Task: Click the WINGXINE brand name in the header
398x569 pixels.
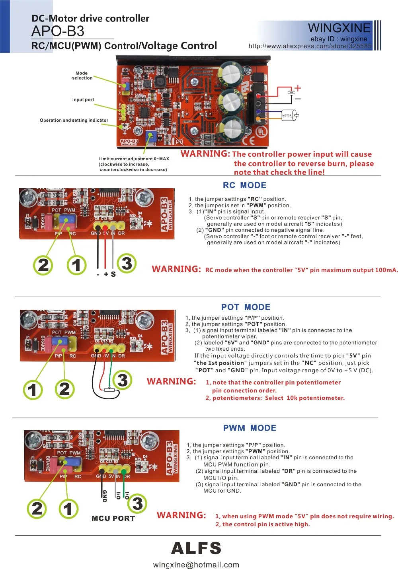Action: coord(339,28)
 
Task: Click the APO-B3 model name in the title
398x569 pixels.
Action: coord(58,31)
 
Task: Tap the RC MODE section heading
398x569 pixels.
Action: coord(244,185)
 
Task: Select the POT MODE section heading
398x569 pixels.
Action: coord(246,307)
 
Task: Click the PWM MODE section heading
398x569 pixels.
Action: coord(250,428)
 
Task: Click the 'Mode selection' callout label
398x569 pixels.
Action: coord(82,76)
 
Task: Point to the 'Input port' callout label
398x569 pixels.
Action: coord(83,100)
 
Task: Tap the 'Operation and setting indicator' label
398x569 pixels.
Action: coord(74,120)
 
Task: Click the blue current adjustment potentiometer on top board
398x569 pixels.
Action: coord(150,136)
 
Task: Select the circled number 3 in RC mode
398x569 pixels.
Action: coord(127,263)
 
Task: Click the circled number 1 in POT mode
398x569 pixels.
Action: coord(33,390)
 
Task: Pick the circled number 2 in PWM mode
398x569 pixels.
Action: coord(37,509)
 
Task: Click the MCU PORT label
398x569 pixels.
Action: coord(113,519)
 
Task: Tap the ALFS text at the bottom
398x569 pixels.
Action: coord(196,548)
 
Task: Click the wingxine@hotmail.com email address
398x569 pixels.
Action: coord(196,565)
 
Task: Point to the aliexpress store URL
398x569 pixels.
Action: coord(310,46)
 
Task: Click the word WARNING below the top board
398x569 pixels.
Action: coord(205,154)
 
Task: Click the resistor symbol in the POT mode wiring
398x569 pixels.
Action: coord(109,390)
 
